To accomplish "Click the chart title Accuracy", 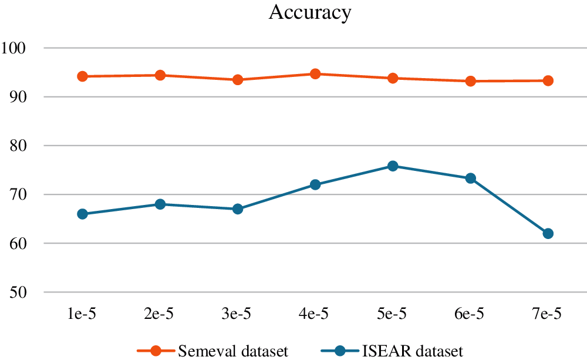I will (x=309, y=12).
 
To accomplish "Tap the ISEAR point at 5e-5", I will (x=393, y=166).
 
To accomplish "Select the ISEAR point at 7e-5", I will (x=548, y=234).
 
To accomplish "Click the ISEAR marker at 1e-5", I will (x=82, y=214).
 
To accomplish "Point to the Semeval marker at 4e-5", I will (x=315, y=74).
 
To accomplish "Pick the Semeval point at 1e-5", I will (x=82, y=76).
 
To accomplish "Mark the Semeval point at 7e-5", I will (x=548, y=80).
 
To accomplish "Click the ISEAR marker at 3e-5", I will (x=238, y=209).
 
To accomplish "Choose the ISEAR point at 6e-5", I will (x=470, y=178).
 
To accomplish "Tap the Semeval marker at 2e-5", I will (x=160, y=75).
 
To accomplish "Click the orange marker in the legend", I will (x=156, y=351).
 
